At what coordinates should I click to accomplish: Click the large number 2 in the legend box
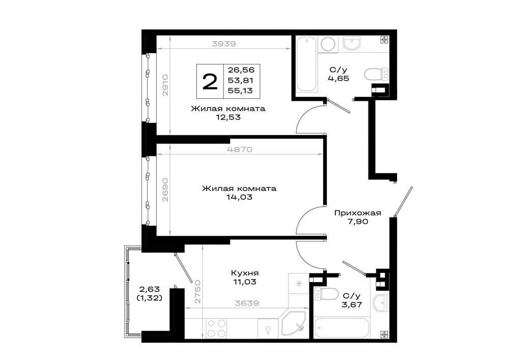(x=210, y=81)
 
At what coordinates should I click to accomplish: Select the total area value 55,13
(x=240, y=91)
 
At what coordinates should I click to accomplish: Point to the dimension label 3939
(x=223, y=43)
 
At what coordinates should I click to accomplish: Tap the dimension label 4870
(x=240, y=149)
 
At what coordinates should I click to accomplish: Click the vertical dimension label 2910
(x=165, y=85)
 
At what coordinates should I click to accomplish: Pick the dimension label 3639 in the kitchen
(x=247, y=303)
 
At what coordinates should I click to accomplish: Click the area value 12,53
(x=228, y=117)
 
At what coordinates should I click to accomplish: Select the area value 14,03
(x=240, y=197)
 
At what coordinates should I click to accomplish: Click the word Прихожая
(x=357, y=213)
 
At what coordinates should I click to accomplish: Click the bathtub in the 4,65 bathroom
(x=307, y=64)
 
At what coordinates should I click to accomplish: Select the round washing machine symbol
(x=328, y=44)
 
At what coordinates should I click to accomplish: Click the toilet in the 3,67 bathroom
(x=325, y=294)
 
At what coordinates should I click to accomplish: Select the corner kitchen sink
(x=293, y=323)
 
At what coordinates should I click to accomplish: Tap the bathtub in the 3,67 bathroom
(x=342, y=328)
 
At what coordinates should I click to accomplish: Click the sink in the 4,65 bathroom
(x=351, y=43)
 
